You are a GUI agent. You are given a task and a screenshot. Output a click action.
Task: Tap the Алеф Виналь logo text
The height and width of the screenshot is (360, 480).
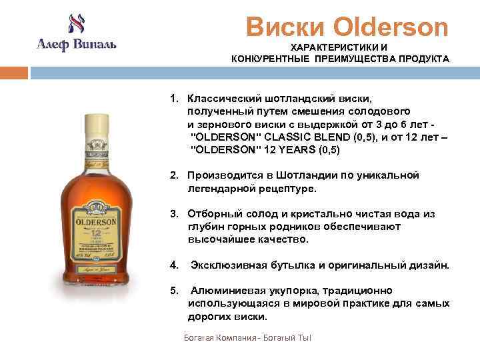click(75, 45)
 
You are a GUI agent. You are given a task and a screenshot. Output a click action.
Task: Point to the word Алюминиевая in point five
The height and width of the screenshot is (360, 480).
click(225, 291)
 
